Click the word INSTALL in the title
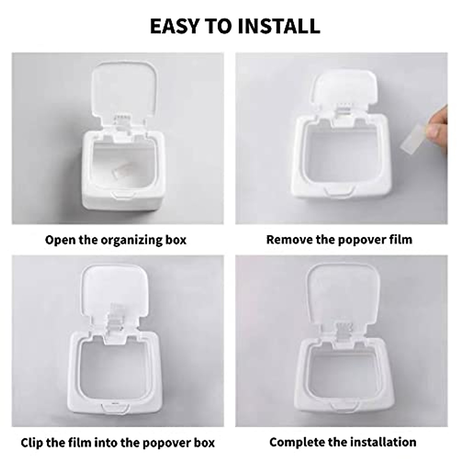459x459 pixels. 278,26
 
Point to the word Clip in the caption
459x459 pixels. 32,443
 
